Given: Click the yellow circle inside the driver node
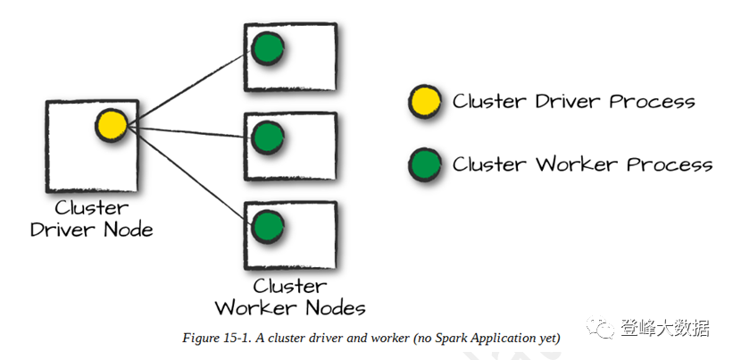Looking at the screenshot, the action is coord(112,125).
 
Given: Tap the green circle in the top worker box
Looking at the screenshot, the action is coord(268,48).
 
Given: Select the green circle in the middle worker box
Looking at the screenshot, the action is coord(268,138).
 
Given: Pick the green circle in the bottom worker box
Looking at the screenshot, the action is coord(268,227).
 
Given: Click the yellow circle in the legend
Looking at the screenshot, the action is coord(425,102).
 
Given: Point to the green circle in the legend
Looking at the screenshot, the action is coord(425,164).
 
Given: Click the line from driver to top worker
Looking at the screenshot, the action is coord(187,89).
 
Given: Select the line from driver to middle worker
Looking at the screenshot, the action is coord(187,132).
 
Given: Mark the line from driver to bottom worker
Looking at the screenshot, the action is coord(187,172).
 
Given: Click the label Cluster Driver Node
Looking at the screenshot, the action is coord(92,219).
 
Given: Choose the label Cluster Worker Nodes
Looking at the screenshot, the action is coord(290,297).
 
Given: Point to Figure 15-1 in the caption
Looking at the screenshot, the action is coord(216,338).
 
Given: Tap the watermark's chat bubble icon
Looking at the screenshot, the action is coord(601,327).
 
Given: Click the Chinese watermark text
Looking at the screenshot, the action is coord(665,328).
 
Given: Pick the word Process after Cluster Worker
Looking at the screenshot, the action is coord(670,164).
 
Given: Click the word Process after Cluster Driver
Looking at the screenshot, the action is coord(652,102).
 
